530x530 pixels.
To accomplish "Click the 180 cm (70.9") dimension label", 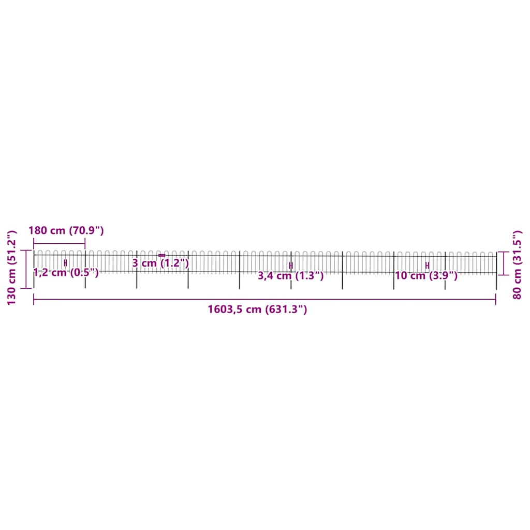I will point(66,230).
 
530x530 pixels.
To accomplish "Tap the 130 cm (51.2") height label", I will point(11,267).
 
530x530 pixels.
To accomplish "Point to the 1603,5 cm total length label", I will point(257,310).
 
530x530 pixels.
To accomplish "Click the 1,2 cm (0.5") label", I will point(66,273).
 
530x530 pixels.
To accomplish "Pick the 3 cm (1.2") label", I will point(160,263).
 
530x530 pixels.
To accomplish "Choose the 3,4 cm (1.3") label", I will point(290,276).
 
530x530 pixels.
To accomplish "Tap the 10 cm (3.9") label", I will point(426,276).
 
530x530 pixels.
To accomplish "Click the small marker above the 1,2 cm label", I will point(65,263).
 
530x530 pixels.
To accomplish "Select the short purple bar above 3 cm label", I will point(161,255).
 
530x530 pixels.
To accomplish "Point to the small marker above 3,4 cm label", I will point(291,266).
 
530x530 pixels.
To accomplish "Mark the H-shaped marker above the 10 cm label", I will point(427,266).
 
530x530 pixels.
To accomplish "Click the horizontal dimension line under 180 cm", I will point(59,243).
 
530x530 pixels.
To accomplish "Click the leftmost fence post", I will point(34,269).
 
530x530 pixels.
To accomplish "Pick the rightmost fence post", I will point(496,269).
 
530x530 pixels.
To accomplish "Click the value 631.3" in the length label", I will point(286,310).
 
